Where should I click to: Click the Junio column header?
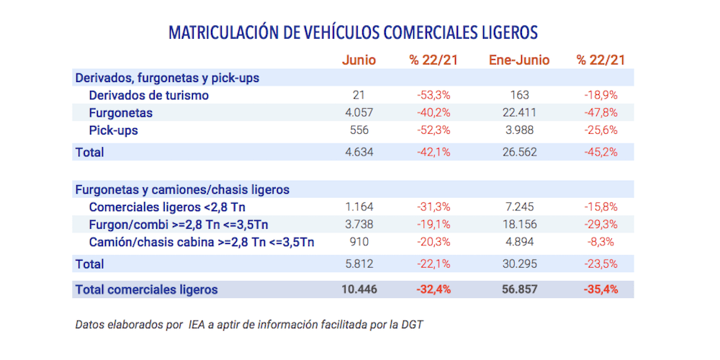359,60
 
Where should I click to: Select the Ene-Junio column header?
519,60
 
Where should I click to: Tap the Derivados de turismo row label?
148,95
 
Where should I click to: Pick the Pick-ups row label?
113,130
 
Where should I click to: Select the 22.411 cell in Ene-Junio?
518,113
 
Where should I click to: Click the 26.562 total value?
518,152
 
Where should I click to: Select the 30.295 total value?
518,264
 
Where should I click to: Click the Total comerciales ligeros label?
146,289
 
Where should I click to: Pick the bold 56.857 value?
518,289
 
